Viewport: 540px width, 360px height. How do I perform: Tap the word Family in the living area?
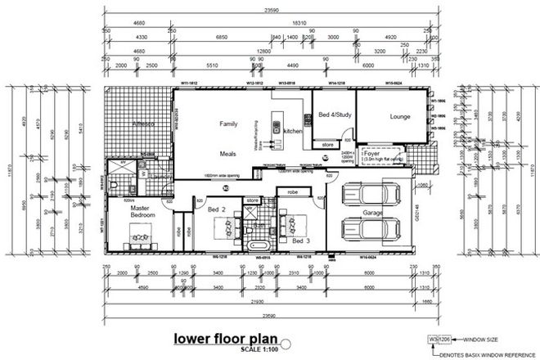pos(227,124)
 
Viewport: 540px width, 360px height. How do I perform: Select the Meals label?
pos(227,154)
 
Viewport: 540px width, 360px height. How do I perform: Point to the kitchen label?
pos(293,131)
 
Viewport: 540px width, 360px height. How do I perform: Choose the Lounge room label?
pos(399,117)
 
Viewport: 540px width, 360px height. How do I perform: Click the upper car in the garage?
pos(366,195)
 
